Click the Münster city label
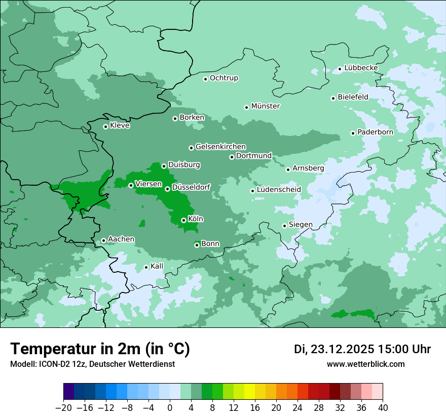[266, 106]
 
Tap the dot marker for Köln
[183, 220]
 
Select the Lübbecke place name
[361, 68]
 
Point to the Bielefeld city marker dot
[333, 98]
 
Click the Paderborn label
[375, 132]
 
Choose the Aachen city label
[121, 239]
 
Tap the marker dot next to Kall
[146, 267]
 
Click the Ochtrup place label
[224, 78]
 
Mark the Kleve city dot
[105, 127]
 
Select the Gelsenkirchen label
[220, 147]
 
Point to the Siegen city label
[301, 225]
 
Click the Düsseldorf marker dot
[167, 189]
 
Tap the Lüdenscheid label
[279, 190]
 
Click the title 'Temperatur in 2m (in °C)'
[100, 349]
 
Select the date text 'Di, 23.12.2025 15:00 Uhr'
[362, 349]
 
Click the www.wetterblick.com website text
[365, 364]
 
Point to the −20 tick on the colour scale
[64, 408]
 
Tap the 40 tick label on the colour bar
[383, 408]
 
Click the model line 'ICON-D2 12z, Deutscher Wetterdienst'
[92, 364]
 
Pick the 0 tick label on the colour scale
[170, 408]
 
